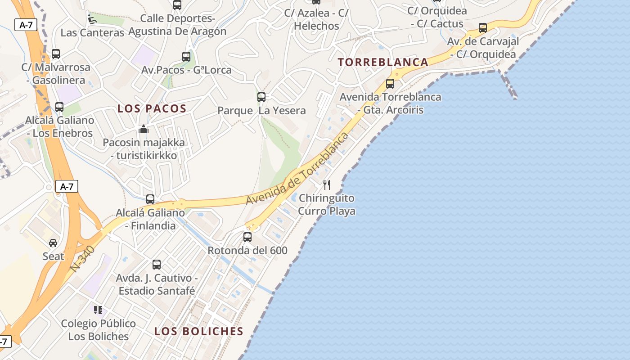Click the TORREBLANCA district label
point(383,62)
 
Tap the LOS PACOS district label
point(152,108)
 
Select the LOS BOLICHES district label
point(198,331)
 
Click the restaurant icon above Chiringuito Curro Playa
point(327,184)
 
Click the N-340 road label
point(83,258)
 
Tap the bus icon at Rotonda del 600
point(247,237)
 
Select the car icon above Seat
point(53,243)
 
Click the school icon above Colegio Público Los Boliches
point(98,310)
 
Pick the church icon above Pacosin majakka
point(144,130)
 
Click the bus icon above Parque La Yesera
point(261,97)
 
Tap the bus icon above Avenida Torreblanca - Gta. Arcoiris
point(390,84)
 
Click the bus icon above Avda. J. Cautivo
point(156,265)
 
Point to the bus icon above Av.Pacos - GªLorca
point(186,57)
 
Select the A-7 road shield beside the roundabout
point(67,186)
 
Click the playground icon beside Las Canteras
point(92,19)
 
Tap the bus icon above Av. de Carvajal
point(483,28)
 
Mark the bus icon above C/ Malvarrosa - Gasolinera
point(56,54)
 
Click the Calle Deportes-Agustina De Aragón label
point(177,25)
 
